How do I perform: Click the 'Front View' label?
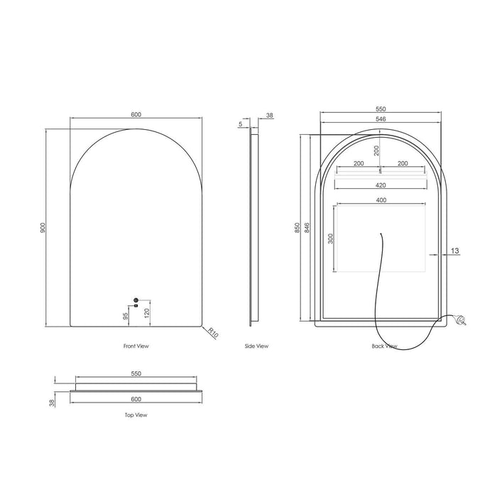[x=136, y=346]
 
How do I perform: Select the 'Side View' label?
[x=256, y=346]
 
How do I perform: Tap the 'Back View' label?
[x=384, y=346]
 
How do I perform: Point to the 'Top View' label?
[x=136, y=415]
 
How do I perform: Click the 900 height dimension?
[x=43, y=227]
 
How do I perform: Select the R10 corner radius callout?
[x=213, y=332]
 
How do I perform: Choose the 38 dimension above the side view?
[x=269, y=114]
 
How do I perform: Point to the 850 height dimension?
[x=297, y=227]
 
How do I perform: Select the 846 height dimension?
[x=307, y=227]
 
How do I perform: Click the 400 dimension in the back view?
[x=381, y=200]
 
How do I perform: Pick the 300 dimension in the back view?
[x=330, y=239]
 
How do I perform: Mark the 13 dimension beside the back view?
[x=454, y=250]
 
